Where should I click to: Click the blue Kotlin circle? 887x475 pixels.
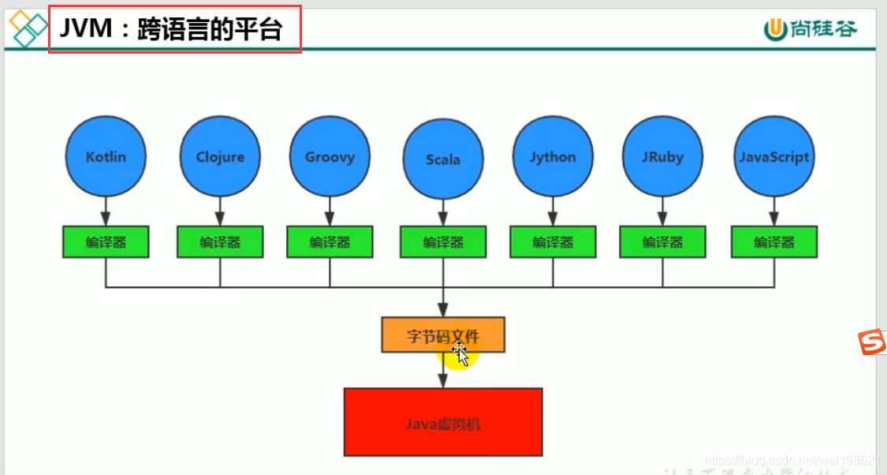(105, 156)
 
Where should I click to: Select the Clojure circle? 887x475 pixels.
(220, 156)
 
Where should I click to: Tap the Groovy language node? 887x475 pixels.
(330, 156)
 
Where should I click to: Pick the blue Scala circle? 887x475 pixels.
(442, 159)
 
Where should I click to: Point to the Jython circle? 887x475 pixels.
(552, 156)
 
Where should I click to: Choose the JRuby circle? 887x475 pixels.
(662, 156)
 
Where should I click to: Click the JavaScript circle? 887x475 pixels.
(774, 156)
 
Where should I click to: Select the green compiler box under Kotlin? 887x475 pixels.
(106, 242)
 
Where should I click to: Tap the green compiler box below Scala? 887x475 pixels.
(442, 242)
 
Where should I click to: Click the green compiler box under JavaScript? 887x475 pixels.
(774, 242)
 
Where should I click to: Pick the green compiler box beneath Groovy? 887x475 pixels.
(330, 242)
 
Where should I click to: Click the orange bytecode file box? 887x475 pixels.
(443, 335)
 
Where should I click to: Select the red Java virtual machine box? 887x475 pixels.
(443, 422)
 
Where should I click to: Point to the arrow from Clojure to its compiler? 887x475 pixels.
(220, 210)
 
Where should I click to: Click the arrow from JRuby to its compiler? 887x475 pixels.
(662, 210)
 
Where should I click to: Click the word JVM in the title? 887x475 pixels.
(82, 30)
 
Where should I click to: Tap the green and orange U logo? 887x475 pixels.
(776, 29)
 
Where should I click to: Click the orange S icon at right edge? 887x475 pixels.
(872, 342)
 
